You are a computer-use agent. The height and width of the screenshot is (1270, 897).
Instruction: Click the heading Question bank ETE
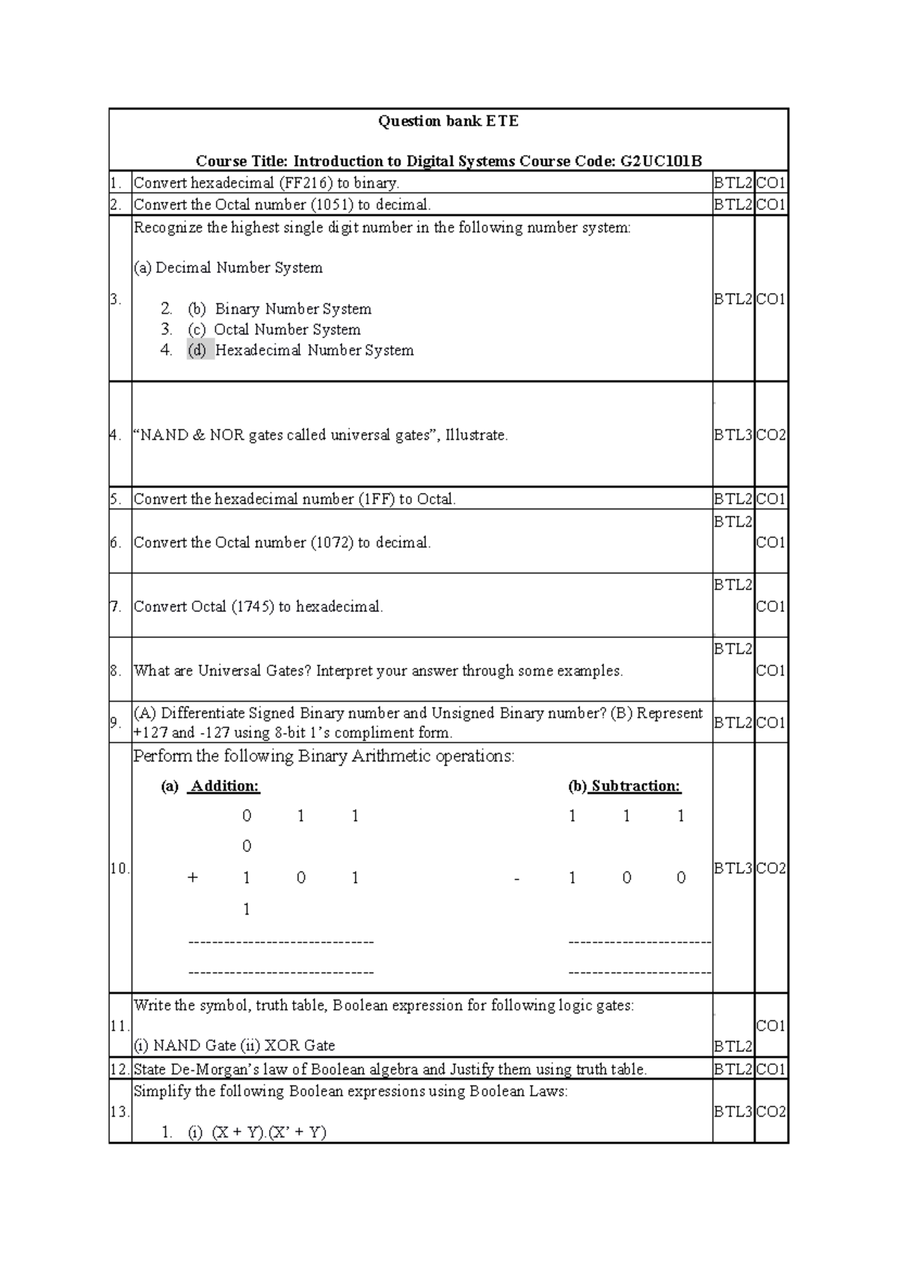point(448,121)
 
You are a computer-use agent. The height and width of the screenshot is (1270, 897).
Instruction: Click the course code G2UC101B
point(662,161)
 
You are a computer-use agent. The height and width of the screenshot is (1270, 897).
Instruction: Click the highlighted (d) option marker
point(198,350)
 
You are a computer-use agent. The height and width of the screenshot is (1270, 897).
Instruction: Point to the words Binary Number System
point(293,309)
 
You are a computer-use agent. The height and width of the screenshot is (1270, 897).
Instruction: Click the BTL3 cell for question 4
point(733,435)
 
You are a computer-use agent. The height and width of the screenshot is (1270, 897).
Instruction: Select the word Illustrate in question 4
point(475,435)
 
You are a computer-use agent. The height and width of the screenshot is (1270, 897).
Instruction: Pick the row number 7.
point(116,607)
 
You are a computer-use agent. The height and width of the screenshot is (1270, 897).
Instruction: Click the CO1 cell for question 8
point(771,671)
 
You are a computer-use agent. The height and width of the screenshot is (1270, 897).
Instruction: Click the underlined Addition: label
point(224,786)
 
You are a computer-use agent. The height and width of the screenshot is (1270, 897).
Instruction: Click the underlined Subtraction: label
point(635,786)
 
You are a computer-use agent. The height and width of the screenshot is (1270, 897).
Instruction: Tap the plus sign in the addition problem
point(193,878)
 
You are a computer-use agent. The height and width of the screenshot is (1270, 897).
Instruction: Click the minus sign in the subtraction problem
point(517,879)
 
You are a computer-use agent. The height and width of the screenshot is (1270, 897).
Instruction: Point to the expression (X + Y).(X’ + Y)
point(269,1132)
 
